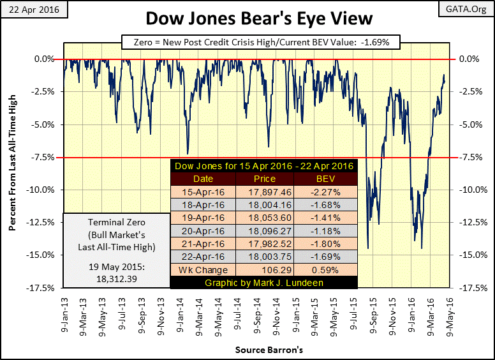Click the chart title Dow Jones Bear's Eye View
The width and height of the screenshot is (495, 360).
pyautogui.click(x=247, y=17)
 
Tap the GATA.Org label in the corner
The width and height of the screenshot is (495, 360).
pyautogui.click(x=471, y=10)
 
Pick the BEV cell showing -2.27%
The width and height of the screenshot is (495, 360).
pyautogui.click(x=327, y=191)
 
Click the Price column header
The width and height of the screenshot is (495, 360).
pyautogui.click(x=264, y=179)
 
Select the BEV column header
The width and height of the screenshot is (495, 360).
pyautogui.click(x=327, y=179)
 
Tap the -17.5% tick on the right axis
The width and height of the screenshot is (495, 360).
pyautogui.click(x=469, y=288)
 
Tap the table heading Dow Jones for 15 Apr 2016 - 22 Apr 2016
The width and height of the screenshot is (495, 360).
pyautogui.click(x=264, y=167)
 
